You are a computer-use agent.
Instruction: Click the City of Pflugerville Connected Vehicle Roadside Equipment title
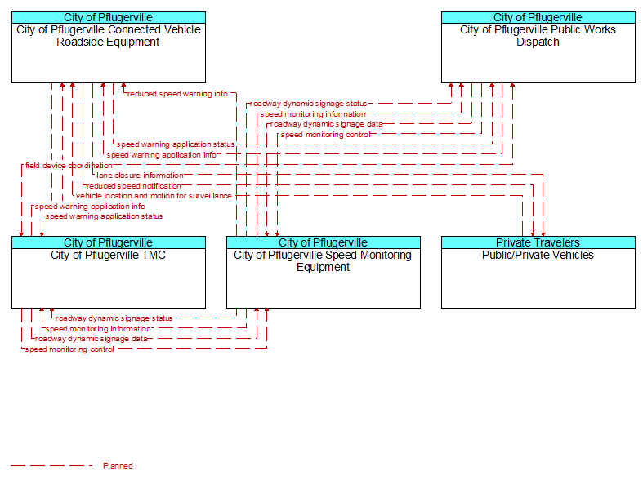point(109,36)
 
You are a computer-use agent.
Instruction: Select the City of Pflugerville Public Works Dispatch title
point(538,36)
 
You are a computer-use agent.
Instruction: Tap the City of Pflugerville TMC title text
point(109,256)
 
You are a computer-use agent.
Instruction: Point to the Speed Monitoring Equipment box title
point(324,261)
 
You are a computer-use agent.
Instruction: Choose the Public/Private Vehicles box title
point(538,256)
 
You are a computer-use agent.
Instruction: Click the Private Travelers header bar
point(538,242)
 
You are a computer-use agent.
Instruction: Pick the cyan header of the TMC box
point(109,242)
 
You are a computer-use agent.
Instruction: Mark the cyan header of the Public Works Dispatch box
point(538,17)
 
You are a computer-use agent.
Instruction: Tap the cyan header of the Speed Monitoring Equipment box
point(324,242)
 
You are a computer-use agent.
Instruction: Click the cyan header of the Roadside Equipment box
point(109,17)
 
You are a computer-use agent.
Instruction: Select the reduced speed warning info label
point(177,94)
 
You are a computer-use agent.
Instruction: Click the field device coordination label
point(69,166)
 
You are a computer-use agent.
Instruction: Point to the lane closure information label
point(140,176)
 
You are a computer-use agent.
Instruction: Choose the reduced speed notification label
point(133,186)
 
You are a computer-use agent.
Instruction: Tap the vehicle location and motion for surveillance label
point(154,196)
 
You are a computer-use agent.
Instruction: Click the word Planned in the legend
point(118,465)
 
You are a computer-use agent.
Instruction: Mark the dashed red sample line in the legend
point(51,465)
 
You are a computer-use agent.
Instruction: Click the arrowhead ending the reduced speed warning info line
point(123,85)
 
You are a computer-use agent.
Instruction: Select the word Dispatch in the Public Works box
point(538,42)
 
